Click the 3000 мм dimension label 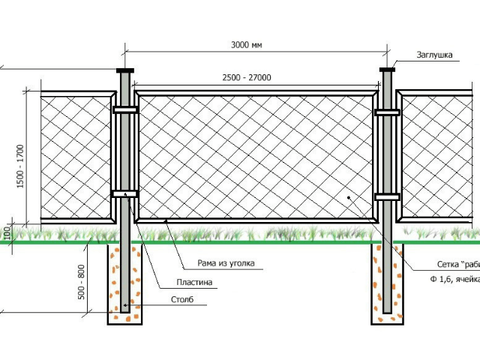click(x=247, y=45)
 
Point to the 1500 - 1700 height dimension click(x=20, y=166)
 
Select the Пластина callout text click(x=194, y=283)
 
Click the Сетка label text click(x=457, y=265)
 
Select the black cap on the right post click(x=388, y=71)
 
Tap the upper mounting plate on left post click(x=125, y=110)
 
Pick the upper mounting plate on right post click(x=388, y=113)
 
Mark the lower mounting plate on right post click(x=388, y=197)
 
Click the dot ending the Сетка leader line click(x=349, y=197)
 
